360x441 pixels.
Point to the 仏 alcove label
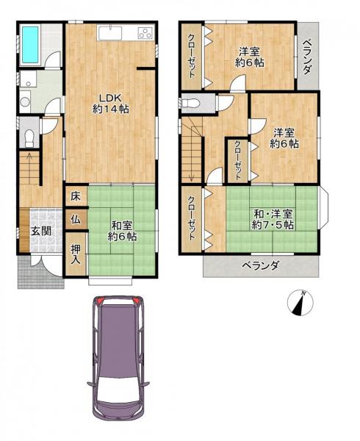click(x=76, y=218)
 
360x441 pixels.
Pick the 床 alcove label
click(x=76, y=196)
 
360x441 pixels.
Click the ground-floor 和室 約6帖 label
click(x=121, y=232)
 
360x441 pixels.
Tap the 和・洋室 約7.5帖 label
click(x=273, y=219)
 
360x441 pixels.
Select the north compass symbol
click(x=300, y=303)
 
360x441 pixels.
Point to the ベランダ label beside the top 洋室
click(x=307, y=55)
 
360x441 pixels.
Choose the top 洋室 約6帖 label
click(x=250, y=57)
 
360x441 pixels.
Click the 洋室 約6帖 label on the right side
click(x=284, y=138)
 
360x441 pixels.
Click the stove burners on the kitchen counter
click(x=143, y=33)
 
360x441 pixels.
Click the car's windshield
click(x=117, y=321)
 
